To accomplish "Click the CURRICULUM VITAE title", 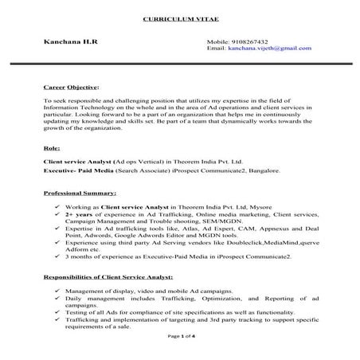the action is tap(179, 18).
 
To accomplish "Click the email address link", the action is tap(270, 48).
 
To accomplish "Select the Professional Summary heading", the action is tap(80, 193).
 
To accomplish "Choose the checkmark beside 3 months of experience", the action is tap(50, 257).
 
